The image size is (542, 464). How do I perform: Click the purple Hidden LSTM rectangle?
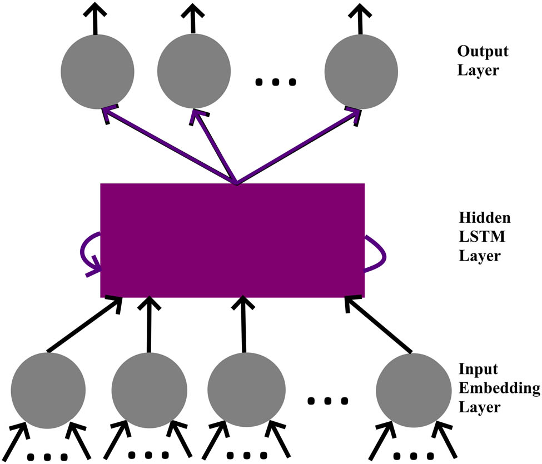click(232, 240)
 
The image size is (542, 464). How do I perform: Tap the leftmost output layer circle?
click(97, 71)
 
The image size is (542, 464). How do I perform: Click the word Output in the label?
click(483, 52)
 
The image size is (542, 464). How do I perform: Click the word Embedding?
click(499, 388)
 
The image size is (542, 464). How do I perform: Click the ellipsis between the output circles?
click(276, 83)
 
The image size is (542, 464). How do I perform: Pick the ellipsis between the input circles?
click(329, 400)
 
